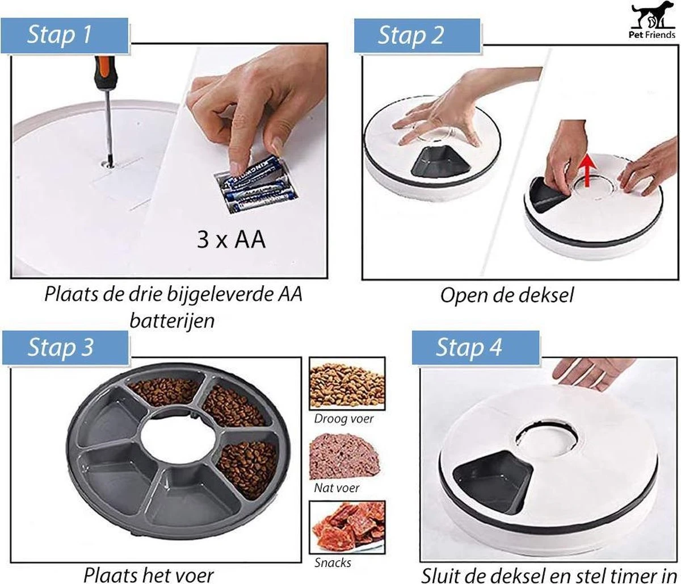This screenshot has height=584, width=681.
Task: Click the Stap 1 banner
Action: (x=65, y=35)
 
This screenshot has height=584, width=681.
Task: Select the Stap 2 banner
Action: (x=417, y=35)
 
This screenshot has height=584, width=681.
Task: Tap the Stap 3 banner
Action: (x=65, y=348)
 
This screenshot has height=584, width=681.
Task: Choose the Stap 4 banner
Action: (x=476, y=348)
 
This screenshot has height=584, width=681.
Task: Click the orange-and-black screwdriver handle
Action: (x=105, y=74)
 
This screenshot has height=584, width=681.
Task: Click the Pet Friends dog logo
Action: (x=651, y=22)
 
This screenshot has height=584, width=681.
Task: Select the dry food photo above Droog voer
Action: (x=347, y=383)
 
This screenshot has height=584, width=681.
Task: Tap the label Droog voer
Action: (x=344, y=419)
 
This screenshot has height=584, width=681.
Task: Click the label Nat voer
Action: (x=337, y=488)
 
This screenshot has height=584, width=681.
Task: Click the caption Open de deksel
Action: (x=507, y=295)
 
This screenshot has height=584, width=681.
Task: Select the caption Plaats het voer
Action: (x=149, y=575)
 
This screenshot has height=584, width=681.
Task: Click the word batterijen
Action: (x=173, y=320)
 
